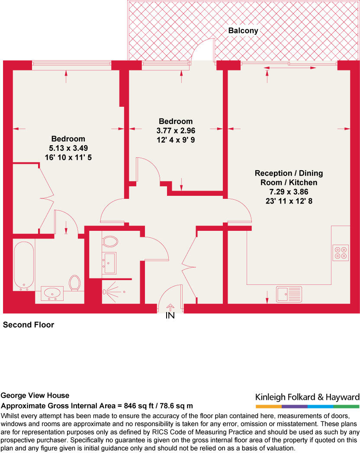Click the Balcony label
pyautogui.click(x=243, y=31)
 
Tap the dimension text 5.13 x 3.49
pyautogui.click(x=68, y=148)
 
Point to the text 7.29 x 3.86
pyautogui.click(x=289, y=192)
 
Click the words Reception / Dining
pyautogui.click(x=289, y=173)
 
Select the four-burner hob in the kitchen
pyautogui.click(x=340, y=252)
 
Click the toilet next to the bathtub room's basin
pyautogui.click(x=75, y=283)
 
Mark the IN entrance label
pyautogui.click(x=170, y=316)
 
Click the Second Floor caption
pyautogui.click(x=29, y=325)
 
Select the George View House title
pyautogui.click(x=35, y=396)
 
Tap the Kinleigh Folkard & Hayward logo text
pyautogui.click(x=307, y=397)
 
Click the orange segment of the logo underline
pyautogui.click(x=268, y=407)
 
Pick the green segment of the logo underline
pyautogui.click(x=346, y=407)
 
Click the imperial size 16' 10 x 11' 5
pyautogui.click(x=68, y=158)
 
